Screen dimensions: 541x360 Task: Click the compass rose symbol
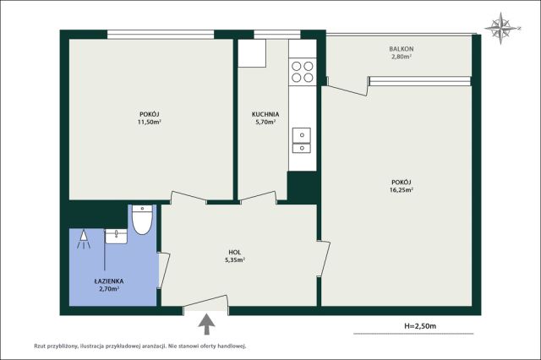(501, 28)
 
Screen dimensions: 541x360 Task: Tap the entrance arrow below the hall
(206, 325)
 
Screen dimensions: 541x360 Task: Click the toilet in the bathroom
(142, 220)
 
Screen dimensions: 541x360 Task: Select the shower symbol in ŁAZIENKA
(84, 239)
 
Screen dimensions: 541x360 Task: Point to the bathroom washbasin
(116, 237)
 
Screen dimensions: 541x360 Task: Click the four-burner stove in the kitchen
(303, 71)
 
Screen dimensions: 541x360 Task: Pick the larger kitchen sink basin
(302, 135)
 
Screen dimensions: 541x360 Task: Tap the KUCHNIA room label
(265, 114)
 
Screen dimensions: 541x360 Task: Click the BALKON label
(401, 49)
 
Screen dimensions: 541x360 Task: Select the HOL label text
(235, 252)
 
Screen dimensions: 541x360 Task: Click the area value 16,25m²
(402, 189)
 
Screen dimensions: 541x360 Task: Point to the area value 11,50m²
(150, 122)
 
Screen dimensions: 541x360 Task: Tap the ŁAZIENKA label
(109, 281)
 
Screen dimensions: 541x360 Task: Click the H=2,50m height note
(420, 325)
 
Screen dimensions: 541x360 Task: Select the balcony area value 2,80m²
(401, 57)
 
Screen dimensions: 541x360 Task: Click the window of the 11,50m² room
(161, 35)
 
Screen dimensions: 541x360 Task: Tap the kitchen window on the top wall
(277, 35)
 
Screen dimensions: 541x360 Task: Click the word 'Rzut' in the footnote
(39, 346)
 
